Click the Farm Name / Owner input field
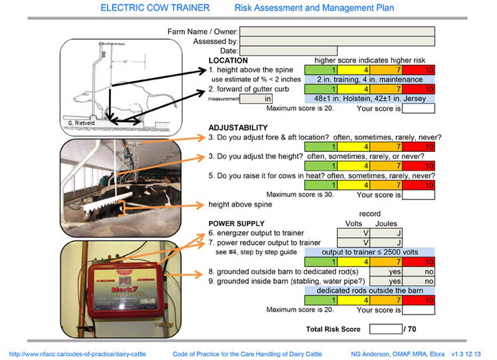coord(337,32)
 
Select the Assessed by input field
coord(337,41)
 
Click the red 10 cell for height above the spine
coord(418,70)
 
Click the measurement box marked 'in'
coord(257,99)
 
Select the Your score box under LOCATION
coord(418,109)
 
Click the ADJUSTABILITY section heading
coord(238,128)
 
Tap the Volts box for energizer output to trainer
coord(353,233)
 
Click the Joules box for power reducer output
coord(386,243)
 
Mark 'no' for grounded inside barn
coord(418,281)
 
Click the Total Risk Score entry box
coord(385,329)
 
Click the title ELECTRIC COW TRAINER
coord(155,8)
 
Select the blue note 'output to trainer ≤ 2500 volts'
coord(370,252)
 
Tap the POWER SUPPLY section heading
coord(236,224)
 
